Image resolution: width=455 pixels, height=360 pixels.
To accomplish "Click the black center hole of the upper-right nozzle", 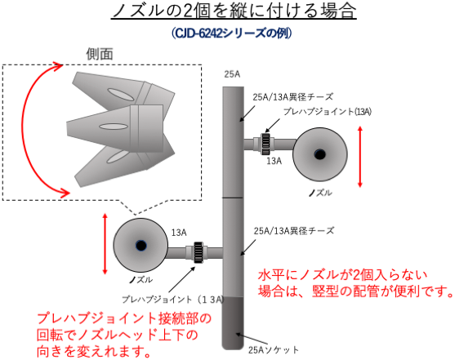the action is [x=319, y=154].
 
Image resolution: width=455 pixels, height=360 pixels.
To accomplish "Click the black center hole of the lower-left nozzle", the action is [x=141, y=246].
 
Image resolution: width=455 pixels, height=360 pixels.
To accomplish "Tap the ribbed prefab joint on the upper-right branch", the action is [x=265, y=144].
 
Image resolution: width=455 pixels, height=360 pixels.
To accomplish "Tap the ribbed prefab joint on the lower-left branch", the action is [x=199, y=252].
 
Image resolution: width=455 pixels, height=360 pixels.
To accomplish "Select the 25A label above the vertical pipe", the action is [x=232, y=74].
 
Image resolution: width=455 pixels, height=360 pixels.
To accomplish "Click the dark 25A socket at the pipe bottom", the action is [x=233, y=323].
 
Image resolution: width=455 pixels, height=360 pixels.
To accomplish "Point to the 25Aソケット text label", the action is [x=274, y=350].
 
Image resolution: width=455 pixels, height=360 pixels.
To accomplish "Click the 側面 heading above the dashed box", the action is [x=100, y=54].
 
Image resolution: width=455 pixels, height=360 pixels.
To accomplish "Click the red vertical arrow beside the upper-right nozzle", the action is [x=360, y=157].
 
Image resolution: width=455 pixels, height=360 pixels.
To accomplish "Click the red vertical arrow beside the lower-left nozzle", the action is [x=105, y=244].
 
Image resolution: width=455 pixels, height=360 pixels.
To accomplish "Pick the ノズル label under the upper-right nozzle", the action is [x=320, y=193].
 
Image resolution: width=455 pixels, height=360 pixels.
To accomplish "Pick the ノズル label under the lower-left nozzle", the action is [x=141, y=280].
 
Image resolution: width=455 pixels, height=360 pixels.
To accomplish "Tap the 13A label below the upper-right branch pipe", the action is [x=274, y=161].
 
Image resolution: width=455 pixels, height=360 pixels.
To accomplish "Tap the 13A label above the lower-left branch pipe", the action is [x=179, y=233].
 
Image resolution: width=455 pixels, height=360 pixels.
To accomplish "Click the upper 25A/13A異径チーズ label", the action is [x=293, y=97].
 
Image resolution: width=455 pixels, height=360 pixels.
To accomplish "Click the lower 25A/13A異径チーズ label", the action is [x=294, y=231].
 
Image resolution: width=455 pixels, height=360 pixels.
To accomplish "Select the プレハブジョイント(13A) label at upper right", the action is [x=328, y=112].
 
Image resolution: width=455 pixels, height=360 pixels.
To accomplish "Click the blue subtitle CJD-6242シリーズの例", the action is [x=232, y=33].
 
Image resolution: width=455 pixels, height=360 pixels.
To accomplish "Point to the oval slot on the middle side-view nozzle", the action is [x=114, y=127].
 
